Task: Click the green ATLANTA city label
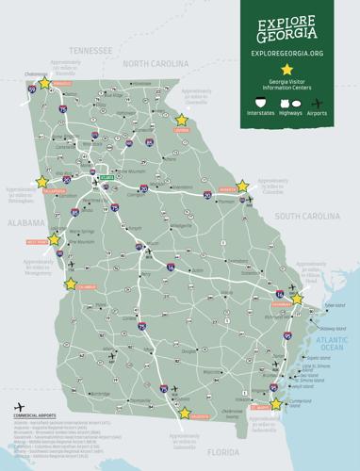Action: click(x=106, y=176)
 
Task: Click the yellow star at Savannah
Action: click(x=297, y=299)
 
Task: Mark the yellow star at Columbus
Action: click(x=69, y=282)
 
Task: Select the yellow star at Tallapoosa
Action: click(x=41, y=182)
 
